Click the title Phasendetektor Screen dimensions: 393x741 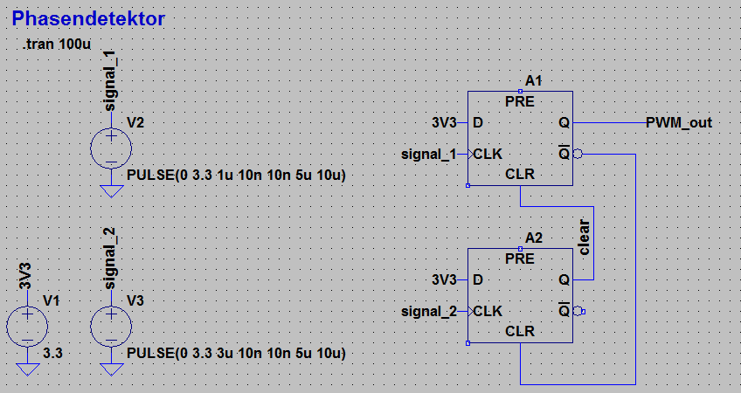point(89,18)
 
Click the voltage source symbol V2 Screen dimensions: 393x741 point(111,147)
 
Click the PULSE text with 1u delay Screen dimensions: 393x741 point(236,175)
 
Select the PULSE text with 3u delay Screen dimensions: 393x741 point(236,354)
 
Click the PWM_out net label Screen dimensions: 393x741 point(678,122)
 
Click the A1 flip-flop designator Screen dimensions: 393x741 point(534,81)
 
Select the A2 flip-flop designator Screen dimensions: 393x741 point(534,238)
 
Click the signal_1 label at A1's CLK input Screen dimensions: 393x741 point(428,154)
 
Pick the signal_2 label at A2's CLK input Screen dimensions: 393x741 point(428,311)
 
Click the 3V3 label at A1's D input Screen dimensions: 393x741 point(444,122)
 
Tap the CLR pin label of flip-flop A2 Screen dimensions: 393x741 point(521,332)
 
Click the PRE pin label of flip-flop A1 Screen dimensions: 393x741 point(521,101)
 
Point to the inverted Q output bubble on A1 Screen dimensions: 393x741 point(578,154)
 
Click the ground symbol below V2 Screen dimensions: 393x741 point(111,190)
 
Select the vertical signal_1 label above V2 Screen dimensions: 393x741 point(109,81)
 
